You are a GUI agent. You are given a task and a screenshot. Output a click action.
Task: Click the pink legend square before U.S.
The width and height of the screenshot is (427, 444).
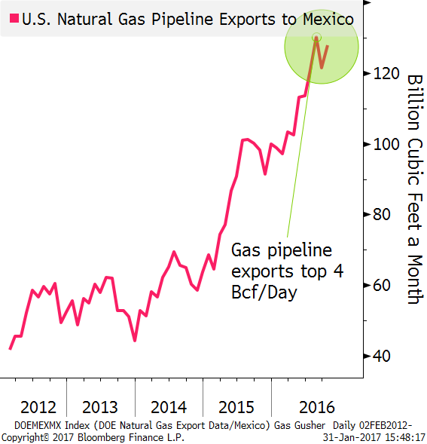click(14, 18)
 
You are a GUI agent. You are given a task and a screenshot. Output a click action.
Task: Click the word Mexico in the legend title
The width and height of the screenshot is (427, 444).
click(328, 20)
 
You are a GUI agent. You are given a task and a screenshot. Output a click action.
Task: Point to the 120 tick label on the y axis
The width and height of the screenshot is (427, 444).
click(386, 74)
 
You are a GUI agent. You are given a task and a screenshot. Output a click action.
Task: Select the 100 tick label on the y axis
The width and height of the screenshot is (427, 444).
click(386, 145)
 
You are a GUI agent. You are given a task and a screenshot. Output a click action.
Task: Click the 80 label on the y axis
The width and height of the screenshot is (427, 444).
click(382, 214)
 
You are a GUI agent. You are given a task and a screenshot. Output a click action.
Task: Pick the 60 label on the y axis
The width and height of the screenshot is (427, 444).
click(382, 285)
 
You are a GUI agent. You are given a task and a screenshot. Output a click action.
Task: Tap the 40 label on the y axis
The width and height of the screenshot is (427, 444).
click(382, 356)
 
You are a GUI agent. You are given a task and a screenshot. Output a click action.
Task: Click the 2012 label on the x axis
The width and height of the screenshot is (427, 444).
click(38, 408)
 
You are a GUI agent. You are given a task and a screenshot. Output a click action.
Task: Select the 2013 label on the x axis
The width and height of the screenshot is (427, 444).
click(100, 408)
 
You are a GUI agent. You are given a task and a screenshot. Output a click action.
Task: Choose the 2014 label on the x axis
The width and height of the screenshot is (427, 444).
click(169, 408)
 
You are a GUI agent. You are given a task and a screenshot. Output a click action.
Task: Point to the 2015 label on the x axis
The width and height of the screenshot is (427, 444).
click(236, 408)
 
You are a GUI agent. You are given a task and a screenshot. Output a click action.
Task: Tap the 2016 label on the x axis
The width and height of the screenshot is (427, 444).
click(317, 408)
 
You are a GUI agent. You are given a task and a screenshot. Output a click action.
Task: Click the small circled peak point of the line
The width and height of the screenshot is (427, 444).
click(316, 37)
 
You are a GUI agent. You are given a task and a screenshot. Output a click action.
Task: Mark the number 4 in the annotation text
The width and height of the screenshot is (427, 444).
click(338, 271)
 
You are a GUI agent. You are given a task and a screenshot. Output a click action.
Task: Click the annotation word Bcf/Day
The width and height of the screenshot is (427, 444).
click(264, 292)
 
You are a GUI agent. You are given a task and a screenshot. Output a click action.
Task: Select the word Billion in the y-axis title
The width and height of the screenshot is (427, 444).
click(415, 103)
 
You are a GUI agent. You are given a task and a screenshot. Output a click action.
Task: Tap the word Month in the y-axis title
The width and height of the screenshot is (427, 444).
click(415, 279)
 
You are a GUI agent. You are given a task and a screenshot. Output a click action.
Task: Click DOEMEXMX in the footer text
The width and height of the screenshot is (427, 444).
click(38, 425)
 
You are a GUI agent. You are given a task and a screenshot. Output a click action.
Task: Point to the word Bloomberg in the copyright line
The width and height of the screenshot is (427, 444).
click(101, 438)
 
